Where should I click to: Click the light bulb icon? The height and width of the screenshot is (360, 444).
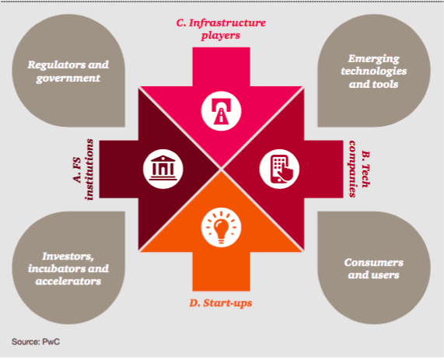tap(221, 228)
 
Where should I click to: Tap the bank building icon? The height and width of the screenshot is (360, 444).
tap(163, 169)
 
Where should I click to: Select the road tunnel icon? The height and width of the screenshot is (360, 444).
tap(221, 110)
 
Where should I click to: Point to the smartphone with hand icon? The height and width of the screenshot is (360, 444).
tap(279, 169)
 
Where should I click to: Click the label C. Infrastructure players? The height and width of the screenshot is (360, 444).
tap(221, 29)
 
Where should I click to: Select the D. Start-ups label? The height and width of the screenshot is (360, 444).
tap(221, 302)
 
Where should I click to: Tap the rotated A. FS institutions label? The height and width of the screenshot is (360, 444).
tap(82, 170)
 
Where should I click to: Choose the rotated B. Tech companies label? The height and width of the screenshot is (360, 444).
tap(359, 169)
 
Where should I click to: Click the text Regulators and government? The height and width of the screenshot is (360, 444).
tap(68, 71)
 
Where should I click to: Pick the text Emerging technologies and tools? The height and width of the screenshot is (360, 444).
tap(374, 72)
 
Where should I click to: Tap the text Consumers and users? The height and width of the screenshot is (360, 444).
tap(374, 268)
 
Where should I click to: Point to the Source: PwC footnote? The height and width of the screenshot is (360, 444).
tap(36, 341)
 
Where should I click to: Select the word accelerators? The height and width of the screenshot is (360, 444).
tap(68, 281)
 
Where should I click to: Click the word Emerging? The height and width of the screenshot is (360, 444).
tap(374, 59)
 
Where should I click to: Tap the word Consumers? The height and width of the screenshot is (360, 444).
tap(374, 263)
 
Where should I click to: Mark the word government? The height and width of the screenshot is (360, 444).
tap(68, 79)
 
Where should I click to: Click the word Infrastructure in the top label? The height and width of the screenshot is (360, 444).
tap(227, 23)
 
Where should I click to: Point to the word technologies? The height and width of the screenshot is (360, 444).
tap(374, 72)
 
